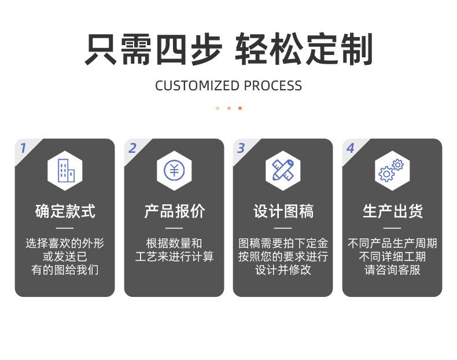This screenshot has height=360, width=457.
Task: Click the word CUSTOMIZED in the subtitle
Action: pos(197,86)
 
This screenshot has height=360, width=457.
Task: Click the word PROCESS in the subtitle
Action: pos(273,86)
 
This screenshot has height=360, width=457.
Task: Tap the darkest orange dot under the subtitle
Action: pos(240,108)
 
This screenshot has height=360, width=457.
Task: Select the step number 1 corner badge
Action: pos(23,148)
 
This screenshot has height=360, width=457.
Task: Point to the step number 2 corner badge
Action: pos(132,148)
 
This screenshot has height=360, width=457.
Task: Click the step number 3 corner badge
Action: pos(241,148)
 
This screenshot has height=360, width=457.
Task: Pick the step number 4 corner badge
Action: pos(351,148)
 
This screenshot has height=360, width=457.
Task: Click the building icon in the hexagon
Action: pos(66,171)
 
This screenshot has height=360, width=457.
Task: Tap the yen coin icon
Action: pos(174,170)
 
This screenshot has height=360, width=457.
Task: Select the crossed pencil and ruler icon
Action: pos(283,170)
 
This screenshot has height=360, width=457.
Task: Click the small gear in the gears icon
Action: pos(398,165)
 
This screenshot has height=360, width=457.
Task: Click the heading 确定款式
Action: pos(65,211)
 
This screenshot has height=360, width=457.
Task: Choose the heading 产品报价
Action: pos(174,211)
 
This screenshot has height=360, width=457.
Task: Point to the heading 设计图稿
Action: pos(283,211)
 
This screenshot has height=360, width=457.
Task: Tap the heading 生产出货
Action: pos(393,211)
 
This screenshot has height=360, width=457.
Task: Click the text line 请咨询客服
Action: pos(392,270)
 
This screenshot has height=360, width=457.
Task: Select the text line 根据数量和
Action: pos(174,243)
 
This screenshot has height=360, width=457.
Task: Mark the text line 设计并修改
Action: pos(283,270)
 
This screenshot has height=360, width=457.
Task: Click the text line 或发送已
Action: pos(65,256)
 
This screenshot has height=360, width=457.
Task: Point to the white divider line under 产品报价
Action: pos(174,228)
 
